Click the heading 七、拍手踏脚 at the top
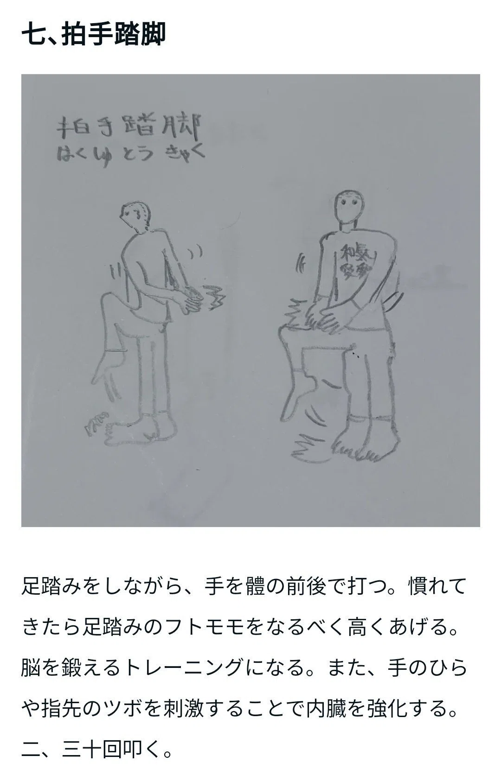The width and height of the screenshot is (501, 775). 94,34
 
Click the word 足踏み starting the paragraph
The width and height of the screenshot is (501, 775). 52,586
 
